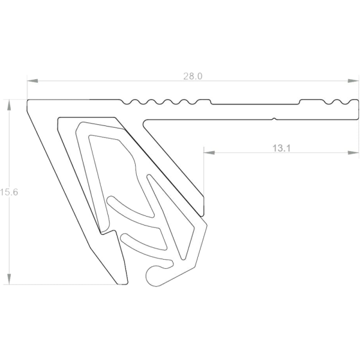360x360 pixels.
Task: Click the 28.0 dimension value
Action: [193, 76]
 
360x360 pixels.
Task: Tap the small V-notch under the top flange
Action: [274, 119]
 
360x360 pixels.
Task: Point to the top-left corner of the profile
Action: [29, 101]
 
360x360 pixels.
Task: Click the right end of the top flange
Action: [355, 110]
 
